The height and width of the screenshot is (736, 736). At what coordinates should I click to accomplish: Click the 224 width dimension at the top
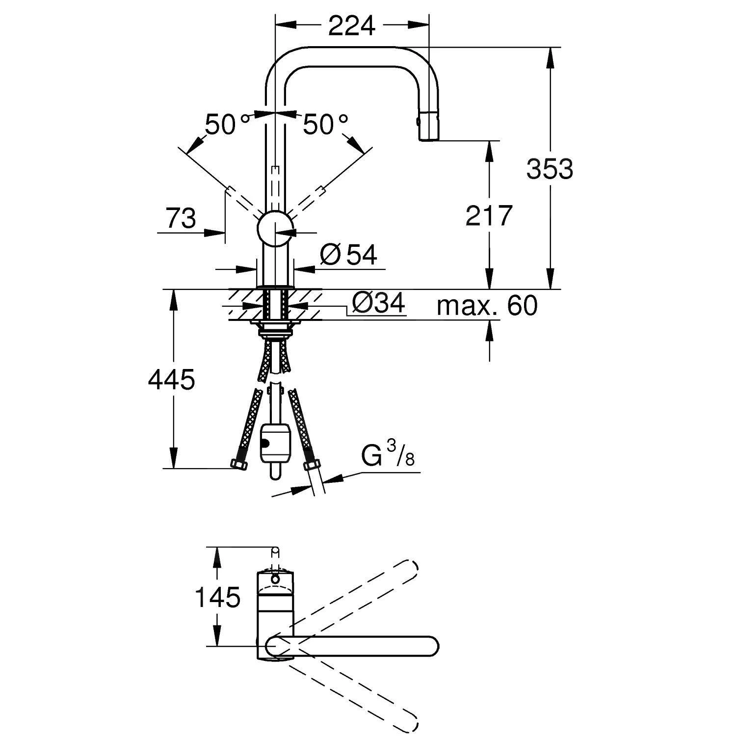click(x=351, y=26)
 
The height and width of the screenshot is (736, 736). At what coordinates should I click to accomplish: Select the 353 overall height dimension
click(x=549, y=169)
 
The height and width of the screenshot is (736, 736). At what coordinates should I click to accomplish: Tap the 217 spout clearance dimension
click(x=489, y=215)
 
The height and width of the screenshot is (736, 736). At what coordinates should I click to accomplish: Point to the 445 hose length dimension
click(x=172, y=379)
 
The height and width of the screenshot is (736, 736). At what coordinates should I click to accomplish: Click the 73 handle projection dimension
click(x=181, y=218)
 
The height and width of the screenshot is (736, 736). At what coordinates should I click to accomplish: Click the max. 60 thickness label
click(x=487, y=306)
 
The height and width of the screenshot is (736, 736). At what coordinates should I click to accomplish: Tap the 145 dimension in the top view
click(x=217, y=597)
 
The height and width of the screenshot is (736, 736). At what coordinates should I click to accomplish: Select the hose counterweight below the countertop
click(x=275, y=443)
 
